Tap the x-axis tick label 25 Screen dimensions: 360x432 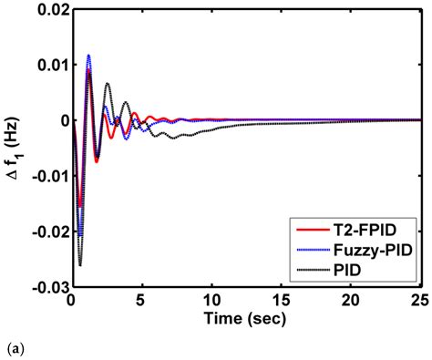pyautogui.click(x=418, y=300)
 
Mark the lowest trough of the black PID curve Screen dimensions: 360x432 pyautogui.click(x=80, y=265)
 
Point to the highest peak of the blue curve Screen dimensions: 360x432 pyautogui.click(x=88, y=55)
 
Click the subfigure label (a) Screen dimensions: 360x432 pyautogui.click(x=9, y=348)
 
